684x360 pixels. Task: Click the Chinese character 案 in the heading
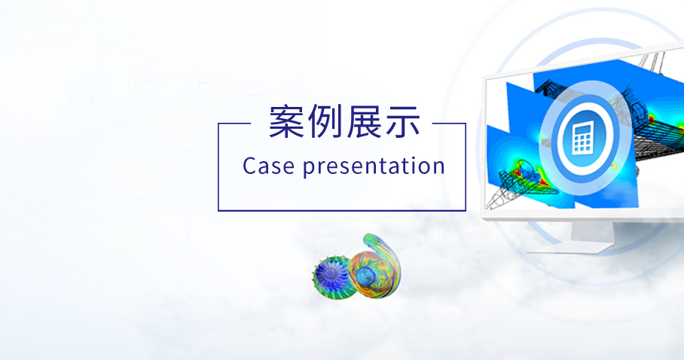pyautogui.click(x=286, y=122)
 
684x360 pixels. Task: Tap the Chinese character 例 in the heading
pyautogui.click(x=325, y=122)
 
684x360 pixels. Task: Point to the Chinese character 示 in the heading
pyautogui.click(x=402, y=122)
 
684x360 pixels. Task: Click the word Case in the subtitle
pyautogui.click(x=268, y=166)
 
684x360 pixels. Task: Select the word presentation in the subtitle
pyautogui.click(x=374, y=167)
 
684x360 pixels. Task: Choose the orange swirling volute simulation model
pyautogui.click(x=376, y=267)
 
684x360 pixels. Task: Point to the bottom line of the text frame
pyautogui.click(x=342, y=210)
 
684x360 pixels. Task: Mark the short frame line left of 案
pyautogui.click(x=234, y=124)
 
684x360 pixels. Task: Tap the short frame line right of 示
pyautogui.click(x=449, y=124)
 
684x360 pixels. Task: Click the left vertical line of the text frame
pyautogui.click(x=218, y=167)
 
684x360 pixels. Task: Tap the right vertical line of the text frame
pyautogui.click(x=466, y=167)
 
